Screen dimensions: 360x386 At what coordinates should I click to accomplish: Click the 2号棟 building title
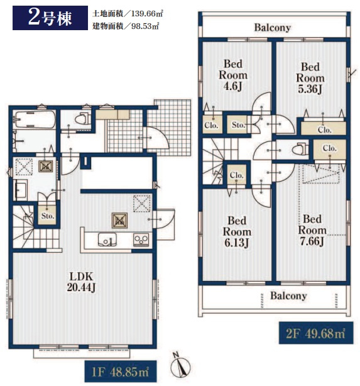(x=50, y=18)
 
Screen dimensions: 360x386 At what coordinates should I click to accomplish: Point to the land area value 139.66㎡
(x=147, y=13)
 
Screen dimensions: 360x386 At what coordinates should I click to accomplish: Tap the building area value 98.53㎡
(x=145, y=26)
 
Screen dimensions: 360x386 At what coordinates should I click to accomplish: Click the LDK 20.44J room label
(x=81, y=282)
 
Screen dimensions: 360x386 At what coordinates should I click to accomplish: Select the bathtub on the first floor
(x=34, y=119)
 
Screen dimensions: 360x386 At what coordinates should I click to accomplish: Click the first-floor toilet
(x=82, y=119)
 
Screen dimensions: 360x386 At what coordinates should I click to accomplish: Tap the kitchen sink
(x=107, y=240)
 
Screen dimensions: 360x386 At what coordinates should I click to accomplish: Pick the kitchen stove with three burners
(x=141, y=240)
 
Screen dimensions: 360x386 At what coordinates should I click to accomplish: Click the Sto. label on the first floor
(x=48, y=216)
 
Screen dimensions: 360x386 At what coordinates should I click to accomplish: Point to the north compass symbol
(x=181, y=365)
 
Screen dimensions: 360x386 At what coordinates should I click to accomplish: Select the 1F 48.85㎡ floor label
(x=121, y=372)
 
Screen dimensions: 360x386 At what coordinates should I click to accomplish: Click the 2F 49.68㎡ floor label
(x=316, y=334)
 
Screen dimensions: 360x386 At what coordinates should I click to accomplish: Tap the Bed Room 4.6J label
(x=233, y=75)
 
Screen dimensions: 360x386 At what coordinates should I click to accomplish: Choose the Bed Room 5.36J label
(x=310, y=78)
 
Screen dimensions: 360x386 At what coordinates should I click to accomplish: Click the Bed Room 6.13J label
(x=237, y=231)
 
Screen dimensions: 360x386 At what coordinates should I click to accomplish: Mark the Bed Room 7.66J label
(x=312, y=230)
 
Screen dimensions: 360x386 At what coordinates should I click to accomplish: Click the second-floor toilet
(x=301, y=149)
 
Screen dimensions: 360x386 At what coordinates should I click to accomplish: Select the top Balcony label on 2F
(x=273, y=27)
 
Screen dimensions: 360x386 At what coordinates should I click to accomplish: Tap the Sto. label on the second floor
(x=238, y=125)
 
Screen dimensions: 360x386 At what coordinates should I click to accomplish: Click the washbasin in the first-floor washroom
(x=21, y=190)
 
